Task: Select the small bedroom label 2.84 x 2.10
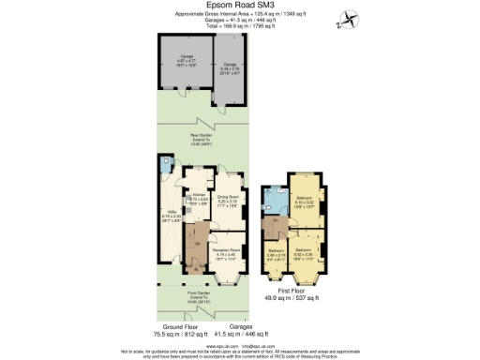tap(277, 253)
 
